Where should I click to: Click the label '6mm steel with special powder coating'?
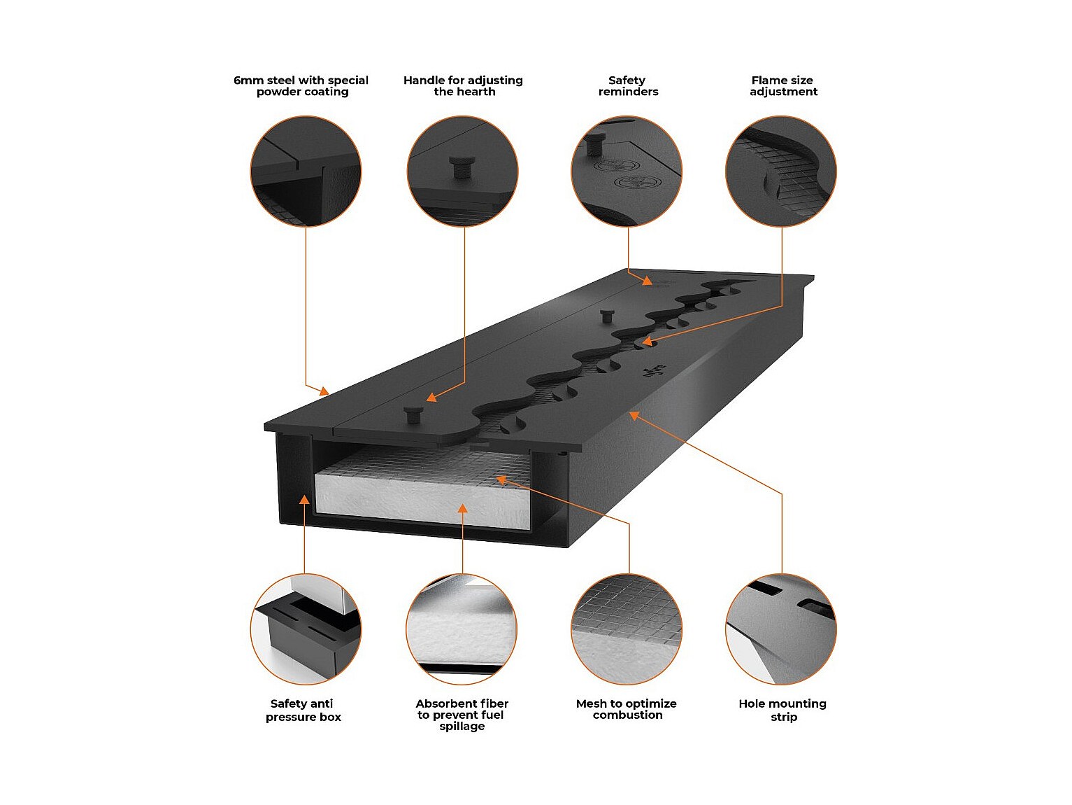click(x=301, y=86)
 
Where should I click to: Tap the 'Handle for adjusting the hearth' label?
click(x=463, y=86)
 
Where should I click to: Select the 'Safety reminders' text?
click(x=627, y=86)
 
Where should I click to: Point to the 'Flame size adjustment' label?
click(x=782, y=86)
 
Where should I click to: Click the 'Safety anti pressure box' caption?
click(x=303, y=710)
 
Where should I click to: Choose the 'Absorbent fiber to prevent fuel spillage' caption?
click(x=462, y=715)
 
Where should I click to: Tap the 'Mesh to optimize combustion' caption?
click(x=627, y=709)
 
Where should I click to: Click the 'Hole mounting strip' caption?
click(x=782, y=710)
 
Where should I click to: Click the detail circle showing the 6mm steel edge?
click(x=306, y=171)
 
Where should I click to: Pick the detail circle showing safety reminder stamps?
click(x=627, y=171)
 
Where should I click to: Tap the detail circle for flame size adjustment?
click(x=781, y=171)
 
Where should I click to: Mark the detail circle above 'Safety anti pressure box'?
click(x=306, y=629)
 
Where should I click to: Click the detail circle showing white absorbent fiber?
click(x=462, y=629)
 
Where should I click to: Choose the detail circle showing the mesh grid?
click(x=627, y=629)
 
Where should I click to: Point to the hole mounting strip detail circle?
click(x=781, y=629)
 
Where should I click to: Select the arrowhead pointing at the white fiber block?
click(x=462, y=508)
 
